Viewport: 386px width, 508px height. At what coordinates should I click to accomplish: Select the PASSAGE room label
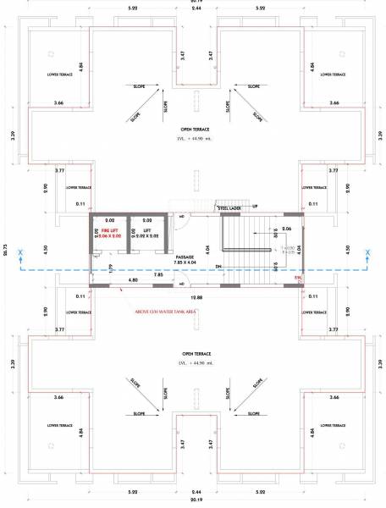(x=185, y=257)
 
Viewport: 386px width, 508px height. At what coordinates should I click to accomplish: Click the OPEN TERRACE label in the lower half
(x=195, y=354)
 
